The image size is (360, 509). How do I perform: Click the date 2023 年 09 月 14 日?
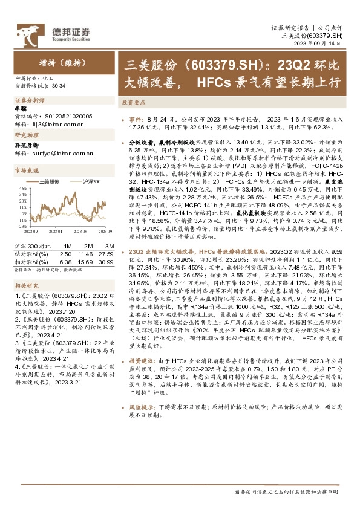pyautogui.click(x=321, y=44)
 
